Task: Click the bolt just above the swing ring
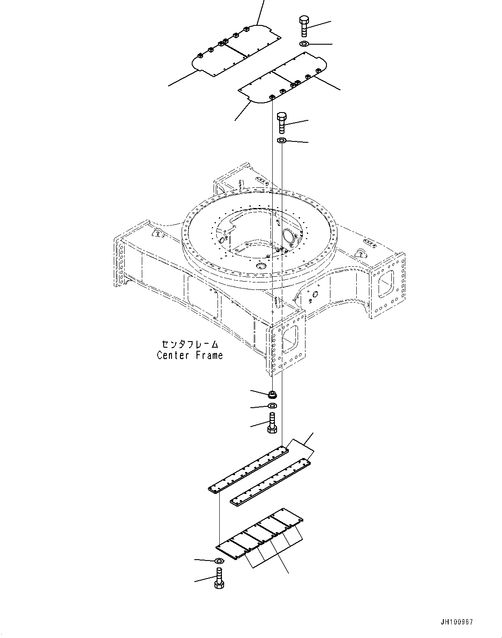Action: (282, 123)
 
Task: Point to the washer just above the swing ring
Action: (282, 141)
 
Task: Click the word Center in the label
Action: (173, 355)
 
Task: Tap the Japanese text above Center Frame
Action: (190, 345)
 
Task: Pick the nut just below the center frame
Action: (272, 394)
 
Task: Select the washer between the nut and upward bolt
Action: (272, 406)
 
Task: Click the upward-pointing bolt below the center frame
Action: (271, 423)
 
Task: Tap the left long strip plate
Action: (249, 469)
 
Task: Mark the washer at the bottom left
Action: (219, 561)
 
